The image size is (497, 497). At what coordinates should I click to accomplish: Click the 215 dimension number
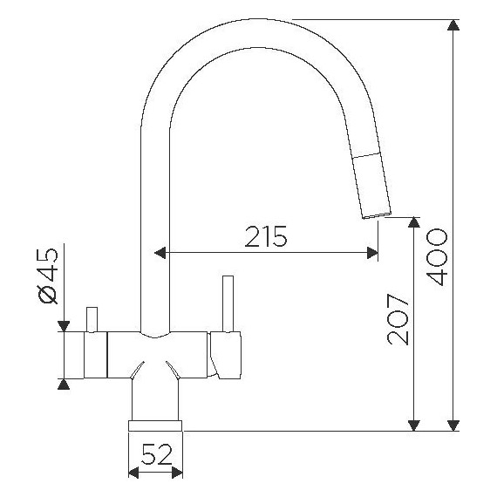(x=266, y=236)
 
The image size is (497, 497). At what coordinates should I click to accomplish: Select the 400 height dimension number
(x=437, y=257)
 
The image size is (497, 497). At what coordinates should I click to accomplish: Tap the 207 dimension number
(x=398, y=319)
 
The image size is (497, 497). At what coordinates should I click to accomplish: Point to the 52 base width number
(x=156, y=454)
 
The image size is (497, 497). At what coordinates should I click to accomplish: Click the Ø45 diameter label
(x=48, y=276)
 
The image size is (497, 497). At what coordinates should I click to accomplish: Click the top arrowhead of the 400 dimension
(x=453, y=25)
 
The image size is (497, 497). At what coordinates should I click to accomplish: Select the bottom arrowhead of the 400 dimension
(x=453, y=426)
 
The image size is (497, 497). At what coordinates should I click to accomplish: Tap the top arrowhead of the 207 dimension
(x=414, y=222)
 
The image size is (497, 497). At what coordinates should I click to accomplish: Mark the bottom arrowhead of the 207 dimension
(x=414, y=426)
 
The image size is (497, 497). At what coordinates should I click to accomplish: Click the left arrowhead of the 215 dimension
(x=160, y=253)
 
